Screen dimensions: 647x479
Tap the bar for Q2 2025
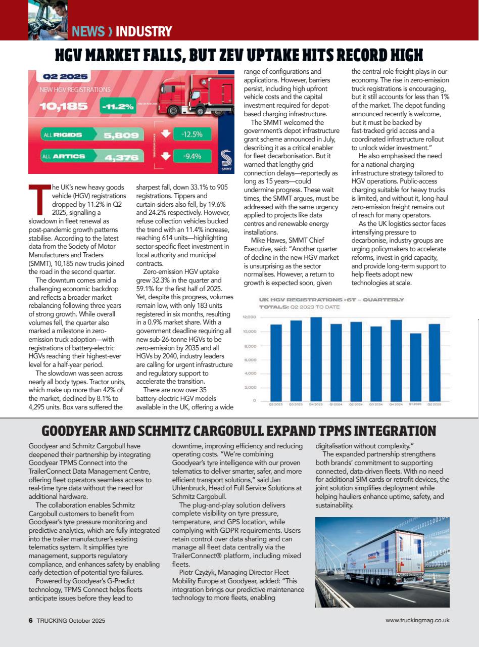point(435,362)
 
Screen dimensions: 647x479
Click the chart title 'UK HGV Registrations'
point(331,300)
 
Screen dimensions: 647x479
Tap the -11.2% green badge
point(117,107)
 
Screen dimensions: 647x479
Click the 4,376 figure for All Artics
point(121,157)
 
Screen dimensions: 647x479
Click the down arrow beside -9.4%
point(164,156)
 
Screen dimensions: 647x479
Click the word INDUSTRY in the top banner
point(143,32)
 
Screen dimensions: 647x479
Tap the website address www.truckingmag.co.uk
point(417,620)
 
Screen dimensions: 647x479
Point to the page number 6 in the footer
point(31,620)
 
